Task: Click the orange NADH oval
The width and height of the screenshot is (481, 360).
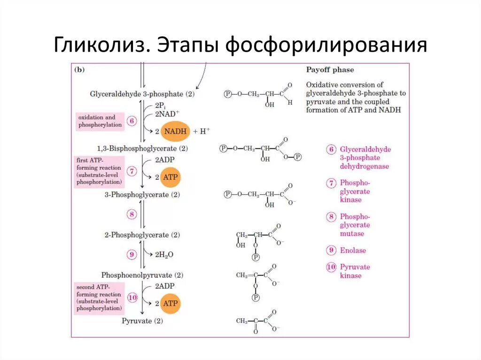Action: pyautogui.click(x=175, y=131)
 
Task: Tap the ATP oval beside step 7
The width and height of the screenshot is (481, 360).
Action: pyautogui.click(x=170, y=177)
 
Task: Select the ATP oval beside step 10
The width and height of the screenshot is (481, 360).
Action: pyautogui.click(x=170, y=303)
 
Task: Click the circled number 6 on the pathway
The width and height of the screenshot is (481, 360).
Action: pyautogui.click(x=132, y=121)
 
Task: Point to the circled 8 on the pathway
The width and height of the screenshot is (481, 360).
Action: pyautogui.click(x=132, y=214)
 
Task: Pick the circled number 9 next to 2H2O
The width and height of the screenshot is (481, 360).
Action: pyautogui.click(x=132, y=254)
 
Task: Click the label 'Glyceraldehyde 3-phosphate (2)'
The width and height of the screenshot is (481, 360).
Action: pyautogui.click(x=142, y=94)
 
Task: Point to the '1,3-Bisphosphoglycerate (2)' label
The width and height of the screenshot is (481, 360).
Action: pyautogui.click(x=142, y=148)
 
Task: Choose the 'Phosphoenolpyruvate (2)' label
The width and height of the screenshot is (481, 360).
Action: pyautogui.click(x=142, y=275)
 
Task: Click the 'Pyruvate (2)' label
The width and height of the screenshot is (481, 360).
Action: pyautogui.click(x=142, y=322)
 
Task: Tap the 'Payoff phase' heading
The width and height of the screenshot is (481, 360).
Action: pyautogui.click(x=330, y=70)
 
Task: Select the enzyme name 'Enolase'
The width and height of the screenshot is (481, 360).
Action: pyautogui.click(x=353, y=250)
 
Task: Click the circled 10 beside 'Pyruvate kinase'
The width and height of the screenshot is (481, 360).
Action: pyautogui.click(x=332, y=267)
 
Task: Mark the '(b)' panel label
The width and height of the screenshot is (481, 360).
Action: pyautogui.click(x=79, y=69)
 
